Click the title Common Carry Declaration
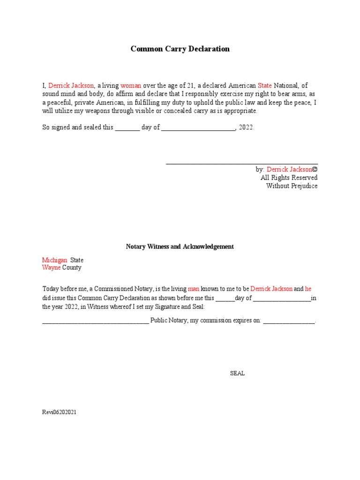pyautogui.click(x=180, y=49)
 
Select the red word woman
pyautogui.click(x=131, y=85)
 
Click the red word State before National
pyautogui.click(x=264, y=85)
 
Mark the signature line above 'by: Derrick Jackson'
pyautogui.click(x=242, y=163)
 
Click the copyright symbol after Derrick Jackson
pyautogui.click(x=315, y=169)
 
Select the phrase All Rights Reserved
pyautogui.click(x=289, y=178)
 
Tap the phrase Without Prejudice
pyautogui.click(x=292, y=186)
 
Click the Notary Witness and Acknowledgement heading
pyautogui.click(x=180, y=247)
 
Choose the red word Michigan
pyautogui.click(x=55, y=260)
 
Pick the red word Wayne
pyautogui.click(x=52, y=268)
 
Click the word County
pyautogui.click(x=72, y=268)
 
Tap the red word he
pyautogui.click(x=308, y=289)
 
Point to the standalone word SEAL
pyautogui.click(x=237, y=374)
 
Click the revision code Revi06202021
pyautogui.click(x=60, y=412)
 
